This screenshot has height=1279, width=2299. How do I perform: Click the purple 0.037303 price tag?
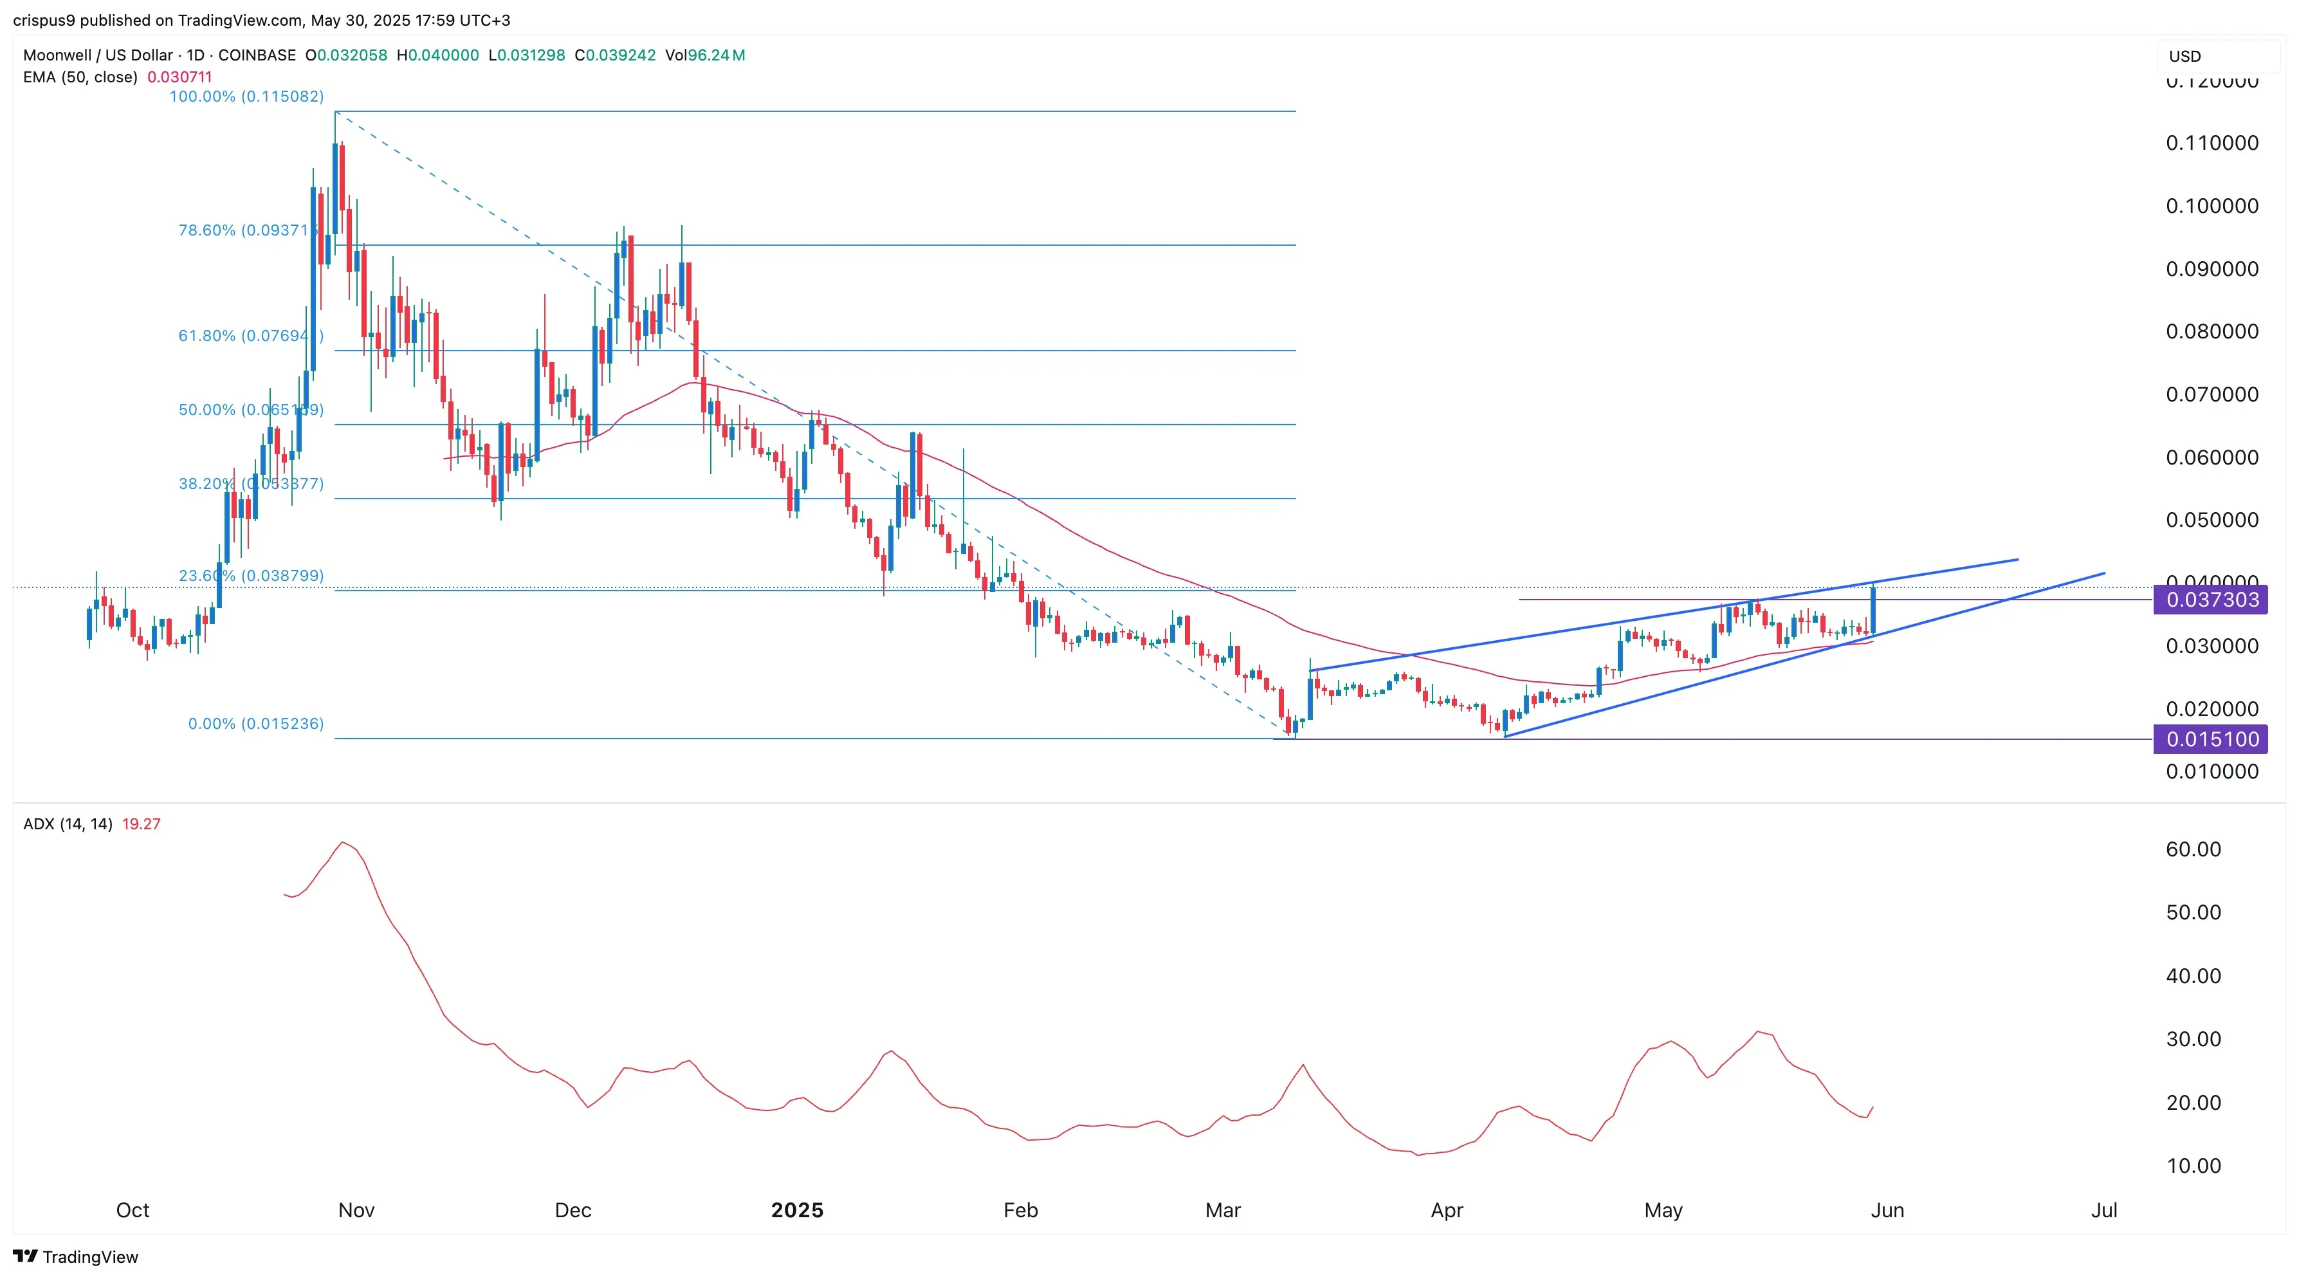[x=2211, y=600]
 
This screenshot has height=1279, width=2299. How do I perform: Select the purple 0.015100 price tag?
[x=2211, y=739]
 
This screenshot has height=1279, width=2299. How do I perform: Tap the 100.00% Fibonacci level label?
[x=246, y=97]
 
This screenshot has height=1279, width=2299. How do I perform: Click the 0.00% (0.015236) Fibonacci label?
[x=255, y=724]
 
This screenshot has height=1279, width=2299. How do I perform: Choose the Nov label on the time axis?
[x=356, y=1210]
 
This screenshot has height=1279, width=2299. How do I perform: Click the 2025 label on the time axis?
[x=797, y=1210]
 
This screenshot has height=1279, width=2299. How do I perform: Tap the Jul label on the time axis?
[x=2103, y=1210]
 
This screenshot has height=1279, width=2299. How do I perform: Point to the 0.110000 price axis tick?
[x=2212, y=143]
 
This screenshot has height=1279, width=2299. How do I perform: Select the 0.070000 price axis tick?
[x=2212, y=394]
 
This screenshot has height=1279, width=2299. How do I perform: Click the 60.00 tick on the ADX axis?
[x=2193, y=849]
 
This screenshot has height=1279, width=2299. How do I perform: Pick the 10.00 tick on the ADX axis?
[x=2193, y=1166]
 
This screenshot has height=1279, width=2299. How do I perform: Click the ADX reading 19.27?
[x=141, y=824]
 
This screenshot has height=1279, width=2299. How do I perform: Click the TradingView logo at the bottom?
[x=76, y=1256]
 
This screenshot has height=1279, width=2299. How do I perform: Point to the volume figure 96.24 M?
[x=716, y=55]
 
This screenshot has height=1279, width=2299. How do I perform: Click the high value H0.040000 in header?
[x=437, y=55]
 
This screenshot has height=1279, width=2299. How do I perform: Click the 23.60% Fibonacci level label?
[x=250, y=576]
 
